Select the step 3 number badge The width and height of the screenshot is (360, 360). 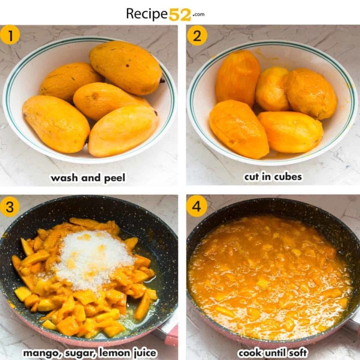[x=10, y=206]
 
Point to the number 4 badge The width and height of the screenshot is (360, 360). [x=197, y=206]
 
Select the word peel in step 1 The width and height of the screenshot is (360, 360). [x=114, y=178]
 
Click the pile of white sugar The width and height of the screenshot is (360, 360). [x=92, y=257]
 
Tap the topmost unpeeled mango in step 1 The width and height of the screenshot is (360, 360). [x=125, y=67]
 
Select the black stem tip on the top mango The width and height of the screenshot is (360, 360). [x=162, y=80]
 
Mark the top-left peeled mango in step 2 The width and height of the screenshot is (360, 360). [x=237, y=77]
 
